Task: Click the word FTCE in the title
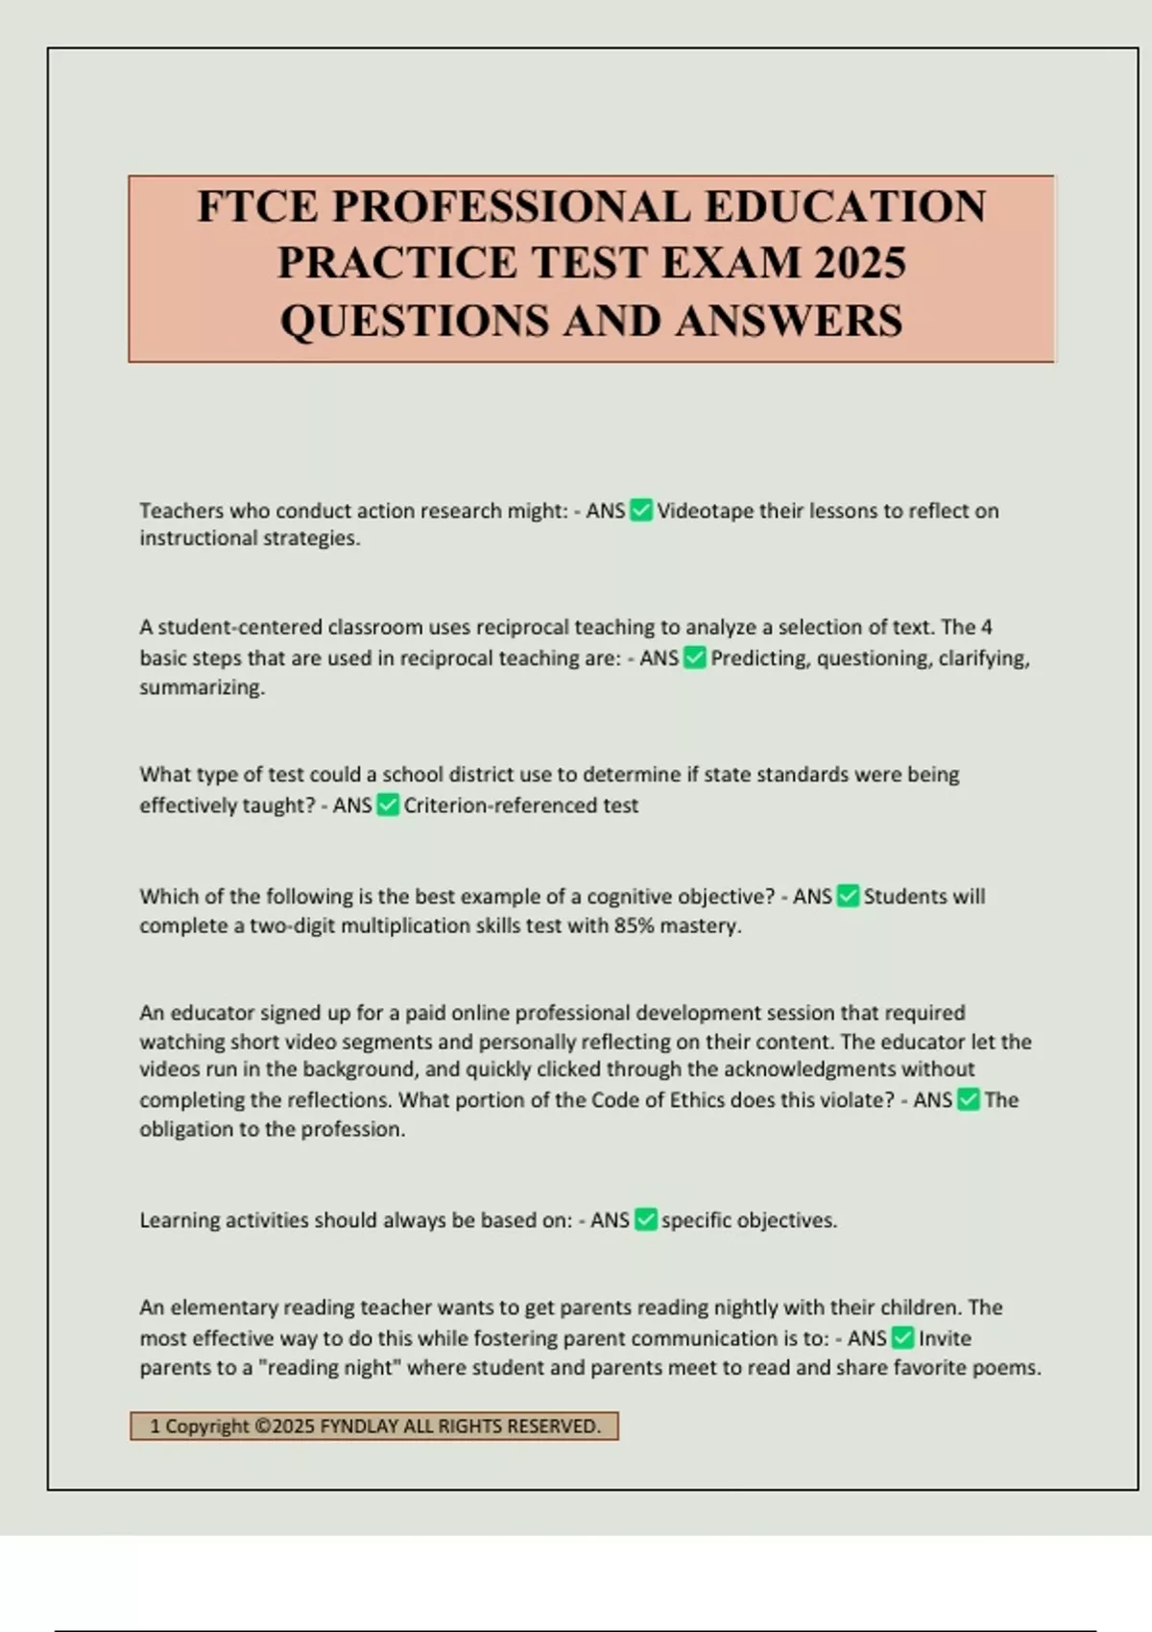(257, 207)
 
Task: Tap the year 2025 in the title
(859, 263)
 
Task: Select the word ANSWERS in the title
(789, 321)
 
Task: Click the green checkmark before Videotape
(641, 511)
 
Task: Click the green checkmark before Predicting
(695, 659)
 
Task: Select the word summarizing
(201, 687)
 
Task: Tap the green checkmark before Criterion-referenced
(388, 805)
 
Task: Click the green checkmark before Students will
(848, 897)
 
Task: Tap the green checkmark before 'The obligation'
(969, 1100)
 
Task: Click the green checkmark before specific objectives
(646, 1220)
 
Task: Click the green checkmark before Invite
(902, 1338)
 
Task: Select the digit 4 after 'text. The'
(987, 628)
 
